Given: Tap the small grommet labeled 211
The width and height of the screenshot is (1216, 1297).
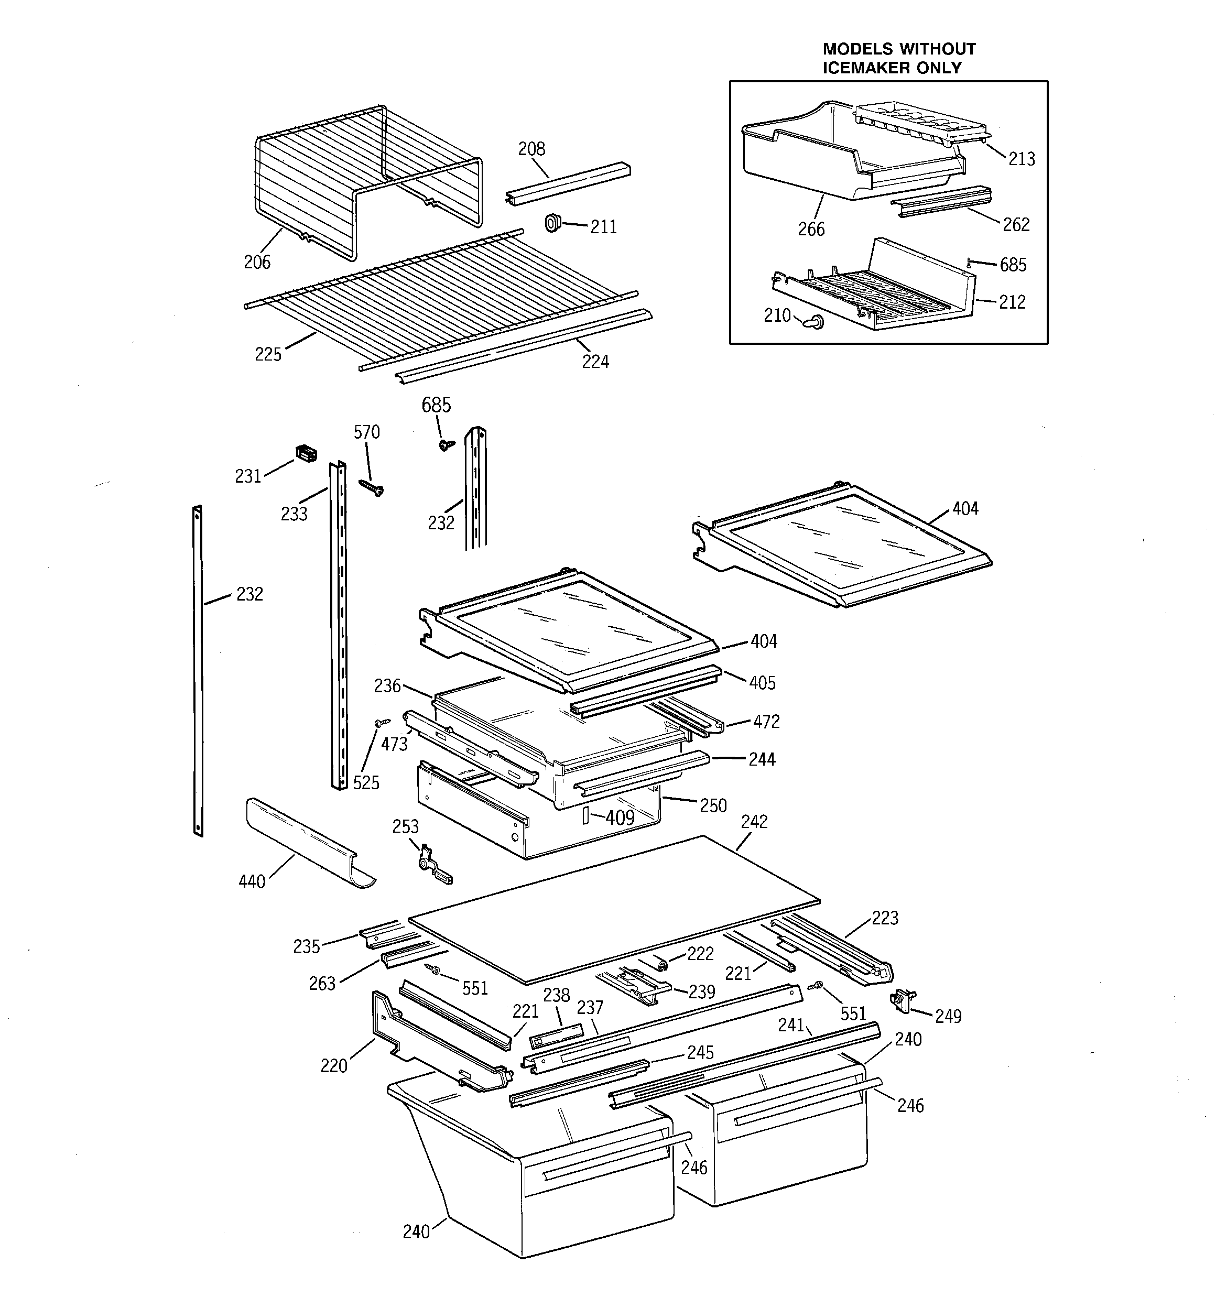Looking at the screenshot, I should click(553, 223).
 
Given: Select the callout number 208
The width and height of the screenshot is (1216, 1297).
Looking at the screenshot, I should click(531, 149).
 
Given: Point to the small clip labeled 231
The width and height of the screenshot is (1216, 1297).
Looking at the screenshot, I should click(306, 453).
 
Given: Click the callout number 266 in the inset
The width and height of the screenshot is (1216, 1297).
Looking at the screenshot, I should click(811, 229).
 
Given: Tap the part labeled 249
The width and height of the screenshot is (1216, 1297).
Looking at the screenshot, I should click(902, 1000).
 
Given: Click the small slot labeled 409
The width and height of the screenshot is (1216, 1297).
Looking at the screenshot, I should click(585, 815).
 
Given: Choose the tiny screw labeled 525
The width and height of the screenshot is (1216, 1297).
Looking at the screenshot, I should click(381, 722).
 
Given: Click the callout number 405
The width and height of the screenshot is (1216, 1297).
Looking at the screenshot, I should click(762, 683).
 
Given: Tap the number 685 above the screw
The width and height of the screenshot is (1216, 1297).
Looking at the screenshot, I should click(436, 405).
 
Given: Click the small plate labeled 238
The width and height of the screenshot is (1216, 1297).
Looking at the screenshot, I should click(556, 1036).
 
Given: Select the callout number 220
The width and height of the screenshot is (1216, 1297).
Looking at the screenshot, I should click(333, 1065).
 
